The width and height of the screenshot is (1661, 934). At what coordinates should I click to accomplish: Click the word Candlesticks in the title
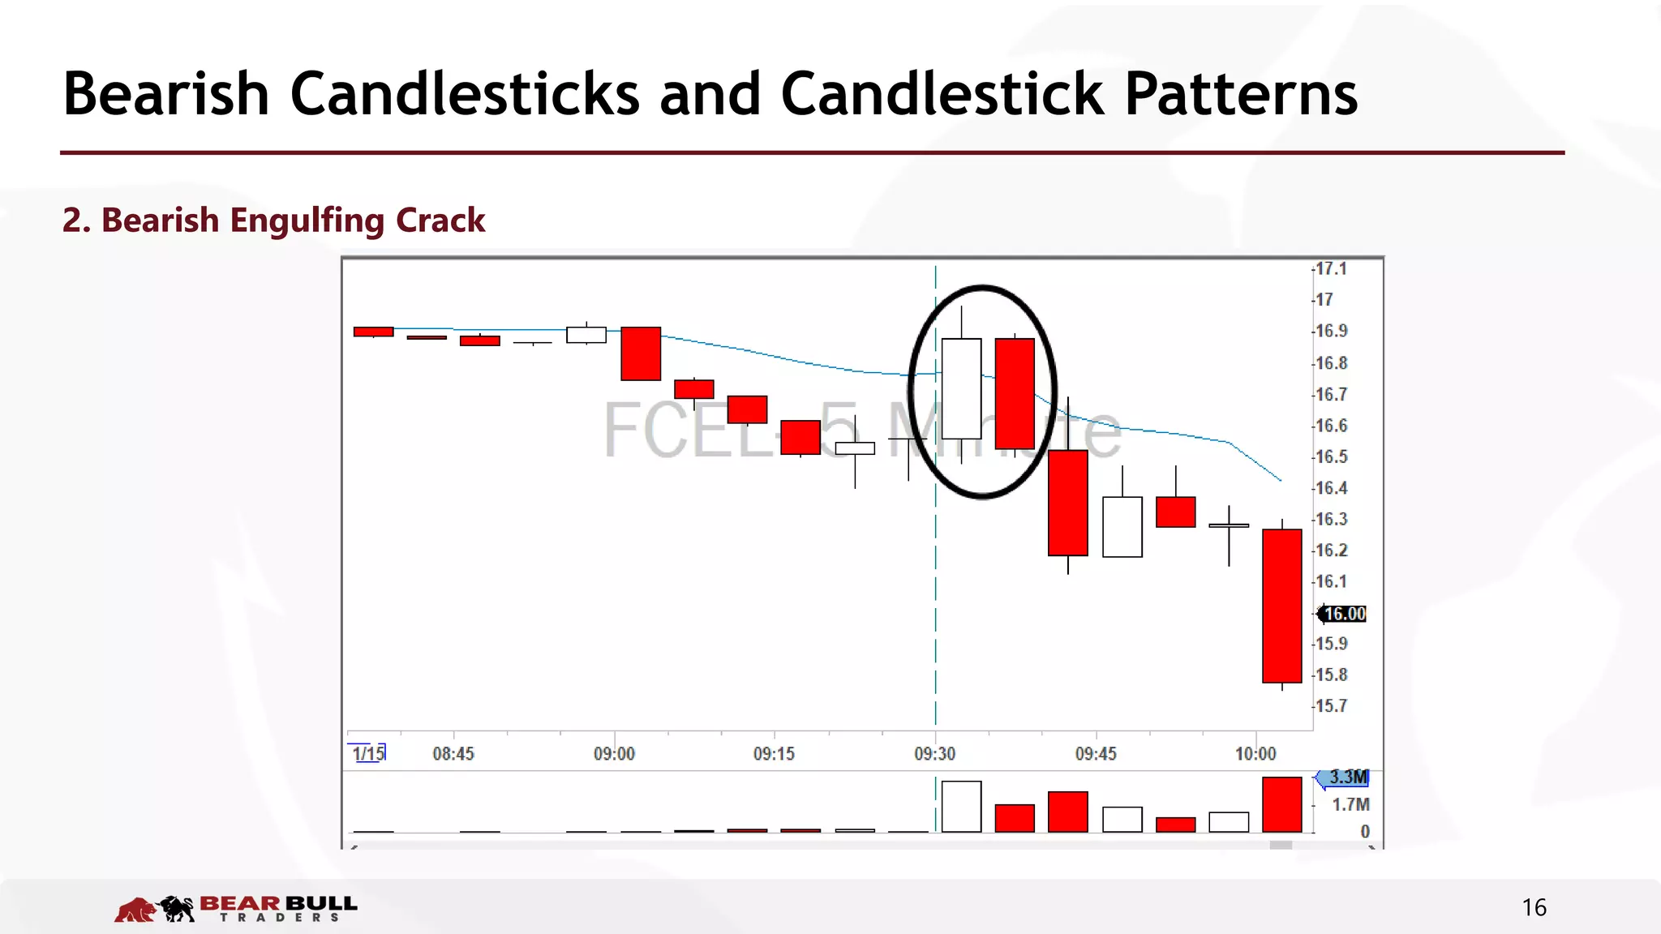coord(465,94)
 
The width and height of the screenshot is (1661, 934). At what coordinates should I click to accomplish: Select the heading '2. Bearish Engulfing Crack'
coord(273,221)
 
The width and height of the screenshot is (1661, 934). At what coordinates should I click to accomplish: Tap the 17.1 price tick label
coord(1331,269)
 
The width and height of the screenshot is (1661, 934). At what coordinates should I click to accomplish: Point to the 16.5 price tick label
coord(1331,457)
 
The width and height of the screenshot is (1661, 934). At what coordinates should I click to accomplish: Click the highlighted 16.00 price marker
coord(1344,614)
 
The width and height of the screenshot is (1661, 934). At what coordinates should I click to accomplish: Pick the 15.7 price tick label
coord(1331,706)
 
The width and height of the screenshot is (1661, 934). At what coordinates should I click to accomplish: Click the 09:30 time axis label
coord(934,754)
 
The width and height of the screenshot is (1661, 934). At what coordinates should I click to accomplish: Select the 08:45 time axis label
coord(453,754)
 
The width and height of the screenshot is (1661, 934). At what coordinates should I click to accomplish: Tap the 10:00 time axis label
coord(1255,754)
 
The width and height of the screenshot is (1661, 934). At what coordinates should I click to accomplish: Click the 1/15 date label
coord(368,753)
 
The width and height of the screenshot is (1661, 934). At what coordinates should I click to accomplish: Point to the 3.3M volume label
coord(1348,778)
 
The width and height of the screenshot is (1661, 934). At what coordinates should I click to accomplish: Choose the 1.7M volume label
coord(1350,805)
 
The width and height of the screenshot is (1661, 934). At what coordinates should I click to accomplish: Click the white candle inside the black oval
coord(961,389)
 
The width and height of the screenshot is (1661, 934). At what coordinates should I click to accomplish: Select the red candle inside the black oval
coord(1015,393)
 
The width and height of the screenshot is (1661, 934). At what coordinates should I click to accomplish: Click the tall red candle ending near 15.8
coord(1281,606)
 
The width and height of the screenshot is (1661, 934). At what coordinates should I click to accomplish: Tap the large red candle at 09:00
coord(641,353)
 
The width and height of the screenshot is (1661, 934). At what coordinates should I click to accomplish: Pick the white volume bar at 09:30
coord(961,807)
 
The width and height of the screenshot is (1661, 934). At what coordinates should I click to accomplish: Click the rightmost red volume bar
coord(1281,804)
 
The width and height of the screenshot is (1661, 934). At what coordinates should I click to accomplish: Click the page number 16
coord(1534,907)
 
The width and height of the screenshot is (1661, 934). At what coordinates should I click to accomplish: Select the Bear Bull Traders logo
coord(236,909)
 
